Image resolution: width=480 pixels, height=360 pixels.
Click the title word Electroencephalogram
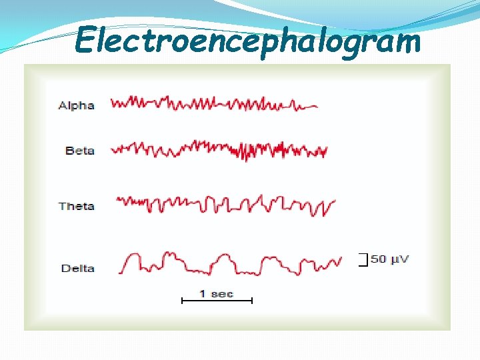(248, 41)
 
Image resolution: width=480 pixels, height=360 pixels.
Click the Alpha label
(76, 105)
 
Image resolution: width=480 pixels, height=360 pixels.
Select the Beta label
(79, 151)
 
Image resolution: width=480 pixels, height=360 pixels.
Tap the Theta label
(76, 206)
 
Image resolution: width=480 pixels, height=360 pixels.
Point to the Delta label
(77, 268)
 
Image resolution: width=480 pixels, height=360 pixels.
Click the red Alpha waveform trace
(213, 103)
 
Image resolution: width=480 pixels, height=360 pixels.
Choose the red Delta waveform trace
(230, 263)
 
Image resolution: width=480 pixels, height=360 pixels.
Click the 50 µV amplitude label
(390, 259)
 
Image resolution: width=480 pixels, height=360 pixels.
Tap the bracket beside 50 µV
(363, 260)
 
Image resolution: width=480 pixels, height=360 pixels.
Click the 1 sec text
(216, 293)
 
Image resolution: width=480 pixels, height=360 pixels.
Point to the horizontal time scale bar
(217, 301)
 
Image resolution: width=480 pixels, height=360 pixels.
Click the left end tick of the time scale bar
(183, 301)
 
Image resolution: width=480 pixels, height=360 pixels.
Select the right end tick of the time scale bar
(252, 301)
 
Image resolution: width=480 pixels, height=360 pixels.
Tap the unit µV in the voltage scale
(399, 259)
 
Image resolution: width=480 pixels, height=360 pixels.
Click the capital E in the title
(86, 41)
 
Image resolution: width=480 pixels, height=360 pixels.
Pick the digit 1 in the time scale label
(203, 293)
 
